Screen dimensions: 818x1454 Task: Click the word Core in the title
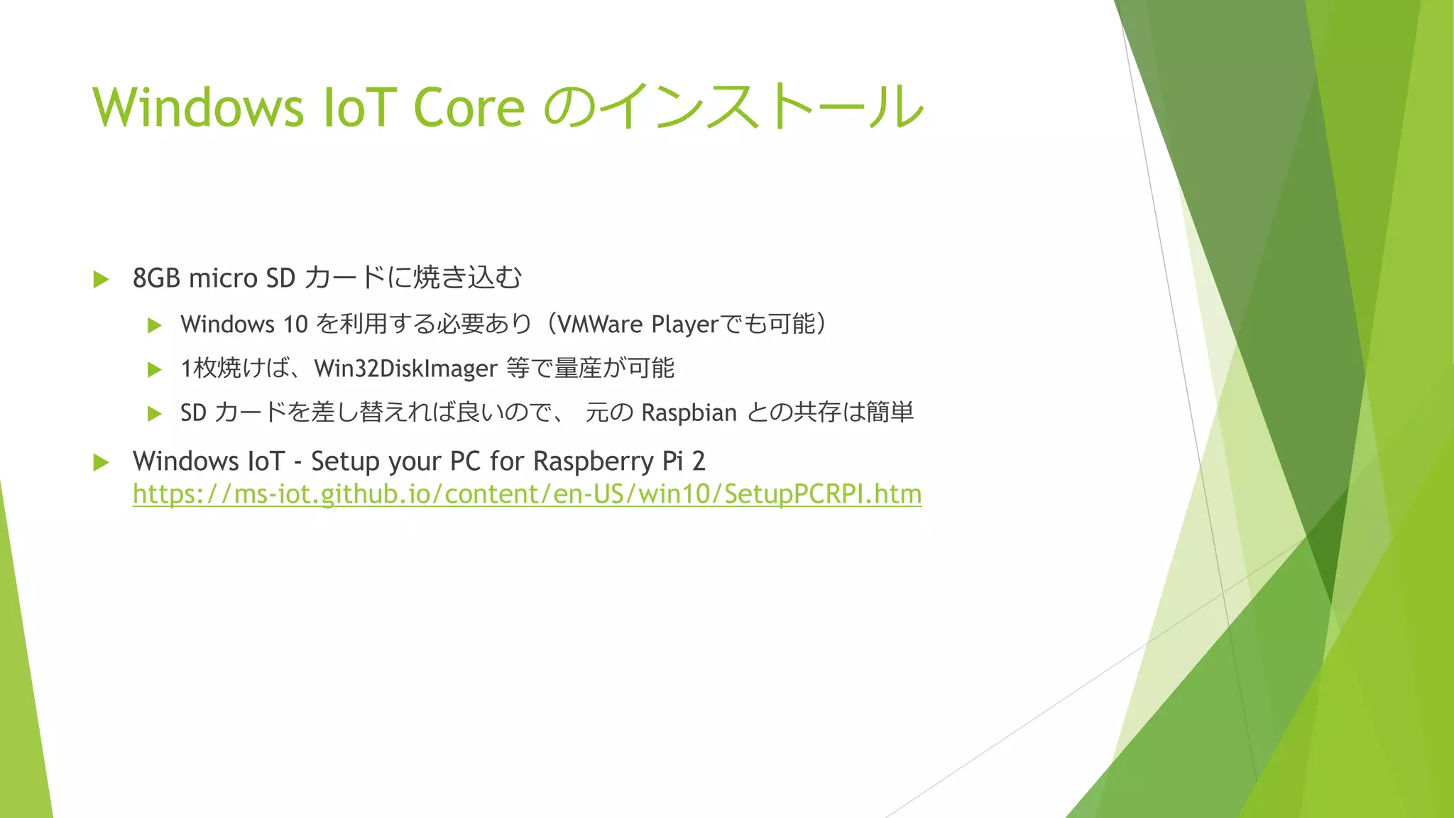click(469, 108)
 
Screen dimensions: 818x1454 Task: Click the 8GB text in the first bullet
click(156, 278)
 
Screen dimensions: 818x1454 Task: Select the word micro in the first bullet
click(224, 278)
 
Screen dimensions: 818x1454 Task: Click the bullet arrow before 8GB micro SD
click(101, 279)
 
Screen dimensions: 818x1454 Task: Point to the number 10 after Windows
click(295, 325)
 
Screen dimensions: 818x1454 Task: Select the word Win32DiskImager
click(405, 369)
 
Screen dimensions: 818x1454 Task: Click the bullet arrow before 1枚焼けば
click(155, 369)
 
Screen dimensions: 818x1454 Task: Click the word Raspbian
click(689, 413)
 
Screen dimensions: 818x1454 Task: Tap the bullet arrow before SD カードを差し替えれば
click(155, 413)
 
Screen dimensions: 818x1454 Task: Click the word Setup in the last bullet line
click(345, 462)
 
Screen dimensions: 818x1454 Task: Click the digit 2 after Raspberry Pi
click(699, 462)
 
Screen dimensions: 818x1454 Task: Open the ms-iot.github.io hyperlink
click(527, 494)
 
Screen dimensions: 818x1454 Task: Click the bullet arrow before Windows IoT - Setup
click(101, 463)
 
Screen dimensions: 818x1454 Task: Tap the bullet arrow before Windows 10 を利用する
click(155, 326)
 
